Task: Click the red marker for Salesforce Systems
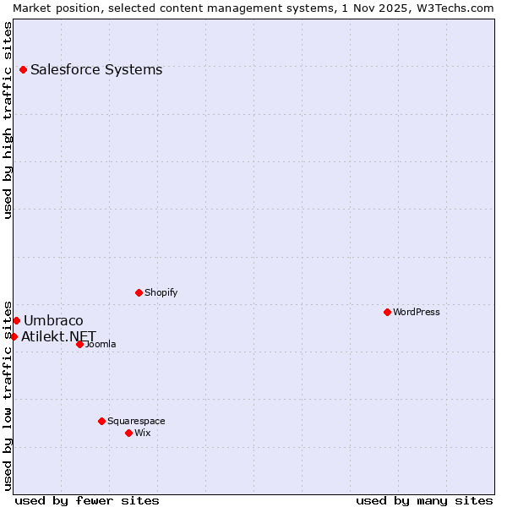(x=23, y=69)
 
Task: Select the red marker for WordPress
(x=387, y=312)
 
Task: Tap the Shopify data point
(x=139, y=292)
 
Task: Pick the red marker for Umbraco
(x=16, y=320)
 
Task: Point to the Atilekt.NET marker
(x=14, y=336)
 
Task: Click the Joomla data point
(x=79, y=344)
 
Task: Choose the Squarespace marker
(x=101, y=421)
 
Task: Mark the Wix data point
(x=128, y=433)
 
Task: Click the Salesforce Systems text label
(x=96, y=69)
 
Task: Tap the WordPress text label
(x=417, y=312)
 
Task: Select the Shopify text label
(x=161, y=292)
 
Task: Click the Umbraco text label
(x=53, y=320)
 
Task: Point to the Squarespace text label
(x=136, y=421)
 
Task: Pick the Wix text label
(x=143, y=433)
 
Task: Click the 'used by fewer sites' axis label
(x=87, y=500)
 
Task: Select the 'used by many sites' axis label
(x=424, y=500)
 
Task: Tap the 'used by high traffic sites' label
(x=8, y=120)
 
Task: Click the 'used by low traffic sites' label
(x=8, y=395)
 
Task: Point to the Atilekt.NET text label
(x=59, y=336)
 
